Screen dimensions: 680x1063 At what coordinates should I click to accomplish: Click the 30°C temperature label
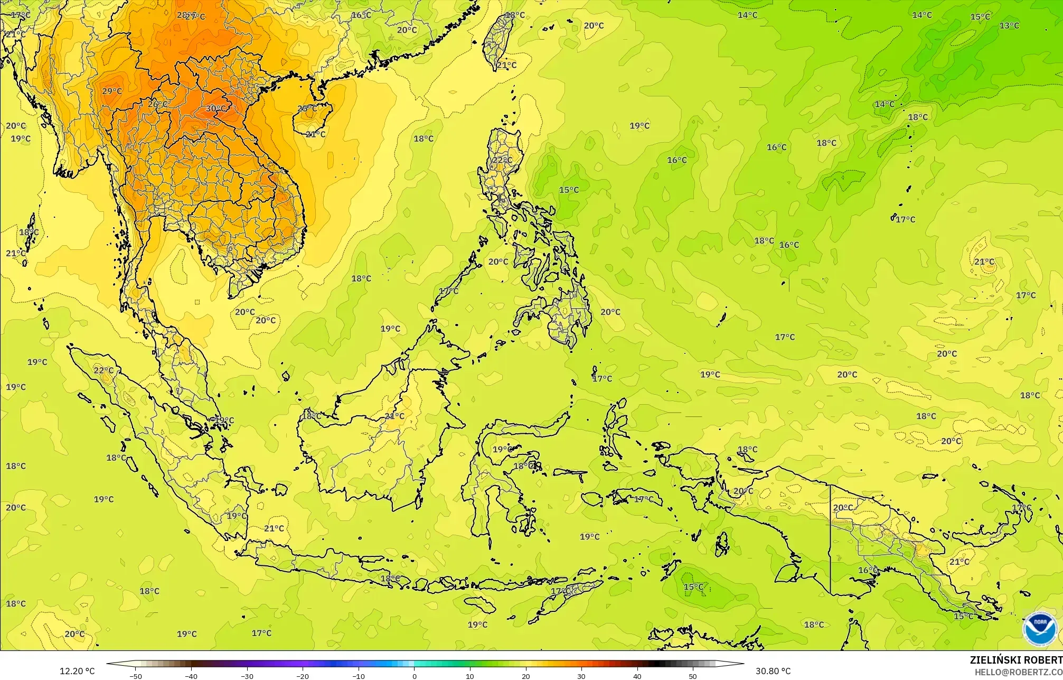[215, 108]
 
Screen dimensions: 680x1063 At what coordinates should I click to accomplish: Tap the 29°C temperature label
[111, 91]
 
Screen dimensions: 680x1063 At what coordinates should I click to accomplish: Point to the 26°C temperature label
[157, 104]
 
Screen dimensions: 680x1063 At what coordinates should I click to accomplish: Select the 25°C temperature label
[306, 109]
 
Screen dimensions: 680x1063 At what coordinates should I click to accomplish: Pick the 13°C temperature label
[1009, 25]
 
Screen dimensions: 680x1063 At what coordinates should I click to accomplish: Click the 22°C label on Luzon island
[502, 160]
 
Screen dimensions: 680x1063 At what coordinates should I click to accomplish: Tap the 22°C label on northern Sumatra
[104, 370]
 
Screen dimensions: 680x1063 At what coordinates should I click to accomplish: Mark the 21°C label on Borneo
[394, 416]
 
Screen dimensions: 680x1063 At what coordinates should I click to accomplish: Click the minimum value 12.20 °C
[77, 671]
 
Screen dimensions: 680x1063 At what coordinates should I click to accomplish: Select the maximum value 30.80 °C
[773, 671]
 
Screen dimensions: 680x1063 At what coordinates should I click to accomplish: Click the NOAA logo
[1040, 628]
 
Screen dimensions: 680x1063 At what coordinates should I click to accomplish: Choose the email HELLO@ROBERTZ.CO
[1018, 672]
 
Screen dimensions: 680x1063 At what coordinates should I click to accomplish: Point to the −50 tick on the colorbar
[136, 676]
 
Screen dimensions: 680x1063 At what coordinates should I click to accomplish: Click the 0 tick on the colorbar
[414, 676]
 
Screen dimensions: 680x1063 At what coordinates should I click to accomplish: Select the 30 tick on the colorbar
[581, 676]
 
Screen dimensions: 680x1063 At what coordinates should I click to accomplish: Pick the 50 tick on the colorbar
[692, 676]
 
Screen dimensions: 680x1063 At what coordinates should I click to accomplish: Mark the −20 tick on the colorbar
[303, 676]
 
